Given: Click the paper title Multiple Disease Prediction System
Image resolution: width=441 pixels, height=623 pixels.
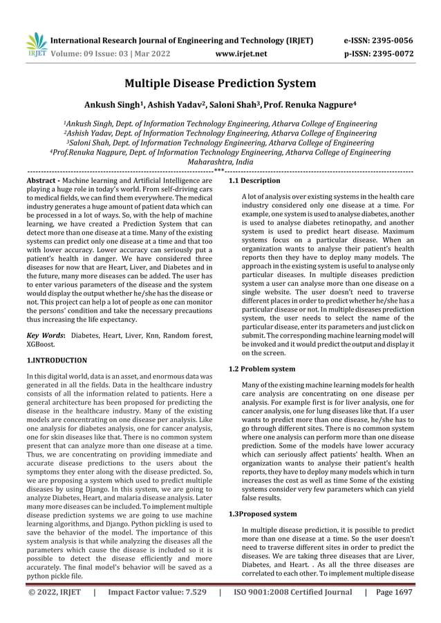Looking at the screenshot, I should tap(220, 84).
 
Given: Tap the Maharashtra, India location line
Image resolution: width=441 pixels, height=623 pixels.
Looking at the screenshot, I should tap(220, 162).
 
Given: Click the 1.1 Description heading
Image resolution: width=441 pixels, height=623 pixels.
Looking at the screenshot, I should tap(254, 180).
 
